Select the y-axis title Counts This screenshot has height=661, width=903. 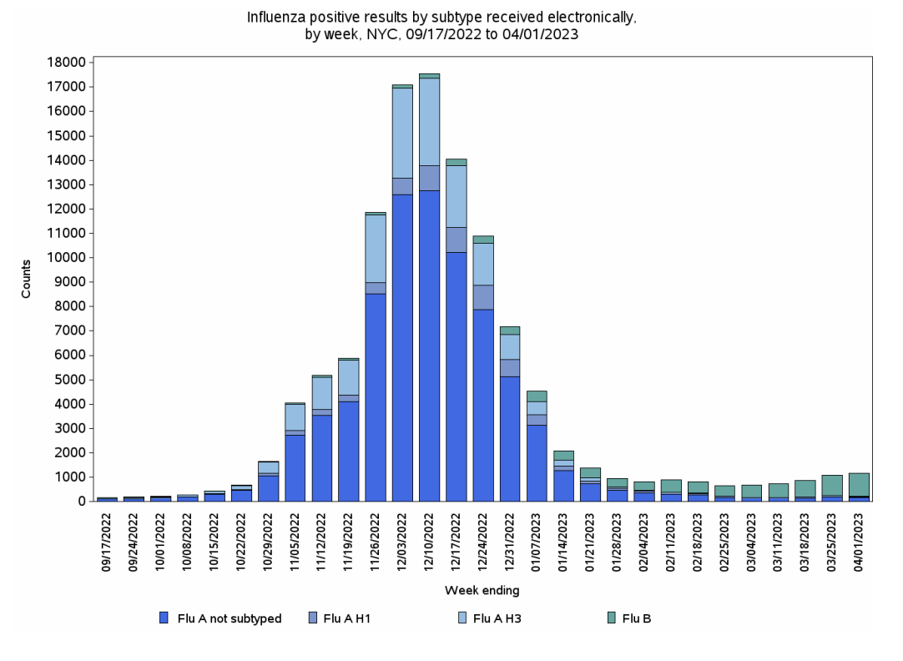pyautogui.click(x=27, y=279)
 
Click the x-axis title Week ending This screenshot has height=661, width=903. pyautogui.click(x=482, y=591)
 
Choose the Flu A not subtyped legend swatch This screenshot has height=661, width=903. pyautogui.click(x=164, y=618)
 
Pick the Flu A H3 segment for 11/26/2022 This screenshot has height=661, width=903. pyautogui.click(x=376, y=249)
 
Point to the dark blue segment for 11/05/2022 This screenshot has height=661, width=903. pyautogui.click(x=295, y=467)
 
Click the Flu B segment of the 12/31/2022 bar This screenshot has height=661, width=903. pyautogui.click(x=510, y=330)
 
